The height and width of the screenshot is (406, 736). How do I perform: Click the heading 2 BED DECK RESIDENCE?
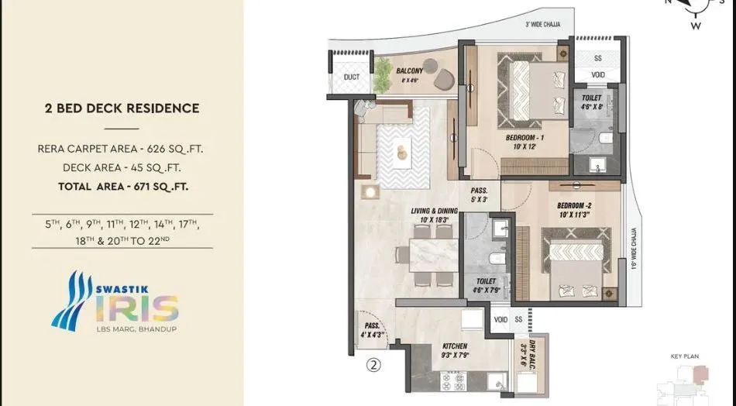point(122,108)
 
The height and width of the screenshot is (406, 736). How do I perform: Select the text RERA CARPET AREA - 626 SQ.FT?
point(125,148)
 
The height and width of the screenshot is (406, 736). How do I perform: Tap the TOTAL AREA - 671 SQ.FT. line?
point(122,186)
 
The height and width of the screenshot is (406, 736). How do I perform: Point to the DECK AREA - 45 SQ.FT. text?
point(122,167)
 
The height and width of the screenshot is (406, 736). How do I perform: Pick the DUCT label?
point(351,77)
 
